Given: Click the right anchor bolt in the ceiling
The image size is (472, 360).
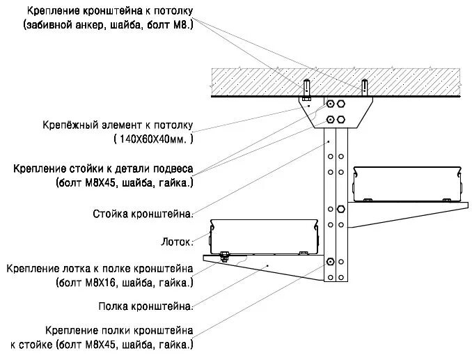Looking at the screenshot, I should click(x=363, y=88).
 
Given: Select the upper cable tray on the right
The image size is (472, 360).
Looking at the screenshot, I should click(x=408, y=182).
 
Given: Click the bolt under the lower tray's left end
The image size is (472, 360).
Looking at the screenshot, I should click(x=224, y=254).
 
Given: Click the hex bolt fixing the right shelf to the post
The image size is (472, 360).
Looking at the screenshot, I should click(x=340, y=209).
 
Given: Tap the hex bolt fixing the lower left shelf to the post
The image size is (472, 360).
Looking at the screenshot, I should click(x=330, y=262).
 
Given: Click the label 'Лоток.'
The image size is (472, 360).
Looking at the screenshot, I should click(x=176, y=242).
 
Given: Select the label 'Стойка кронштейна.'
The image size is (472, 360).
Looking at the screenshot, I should click(x=142, y=214).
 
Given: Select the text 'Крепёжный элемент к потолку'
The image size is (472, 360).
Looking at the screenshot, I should click(x=117, y=126).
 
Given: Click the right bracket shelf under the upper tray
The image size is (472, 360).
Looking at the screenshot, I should click(x=411, y=211).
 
